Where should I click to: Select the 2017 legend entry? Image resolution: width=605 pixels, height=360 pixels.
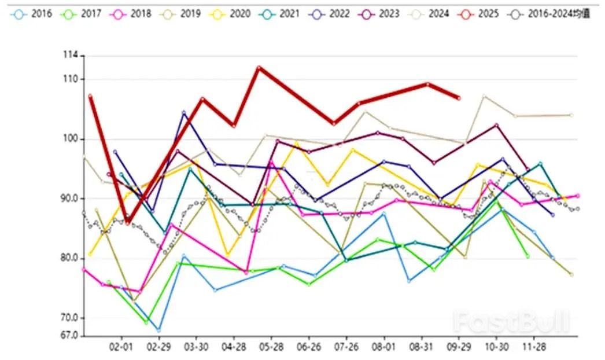click(83, 13)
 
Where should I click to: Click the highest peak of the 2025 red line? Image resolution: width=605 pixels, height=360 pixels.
click(259, 68)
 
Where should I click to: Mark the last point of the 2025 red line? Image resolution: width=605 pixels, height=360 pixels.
click(459, 98)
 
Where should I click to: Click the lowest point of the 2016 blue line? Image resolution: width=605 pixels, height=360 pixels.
click(158, 330)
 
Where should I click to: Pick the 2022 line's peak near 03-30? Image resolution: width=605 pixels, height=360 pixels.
click(184, 113)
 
